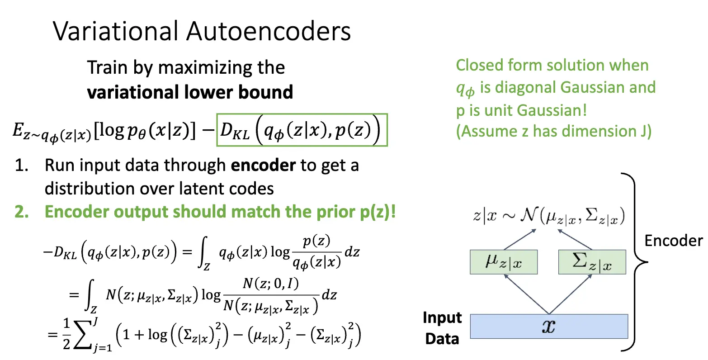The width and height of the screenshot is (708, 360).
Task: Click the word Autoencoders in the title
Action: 269,32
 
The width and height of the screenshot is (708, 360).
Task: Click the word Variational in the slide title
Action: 115,32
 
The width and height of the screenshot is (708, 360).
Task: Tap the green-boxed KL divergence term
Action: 302,130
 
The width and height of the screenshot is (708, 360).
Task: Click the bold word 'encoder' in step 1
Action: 263,166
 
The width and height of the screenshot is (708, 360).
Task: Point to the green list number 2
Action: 21,212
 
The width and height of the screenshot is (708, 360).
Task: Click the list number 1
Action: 21,166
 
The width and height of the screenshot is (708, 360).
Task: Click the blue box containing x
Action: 549,326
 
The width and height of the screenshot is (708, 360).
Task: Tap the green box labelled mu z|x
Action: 504,262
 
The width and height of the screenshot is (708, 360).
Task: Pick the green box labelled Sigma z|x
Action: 592,262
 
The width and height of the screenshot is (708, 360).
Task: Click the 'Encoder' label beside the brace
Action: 673,241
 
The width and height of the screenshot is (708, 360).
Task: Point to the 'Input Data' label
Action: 442,328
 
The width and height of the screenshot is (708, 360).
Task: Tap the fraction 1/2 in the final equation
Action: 66,335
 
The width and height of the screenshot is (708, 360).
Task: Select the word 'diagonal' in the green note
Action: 526,87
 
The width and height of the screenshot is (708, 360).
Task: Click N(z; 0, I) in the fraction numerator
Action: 270,284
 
